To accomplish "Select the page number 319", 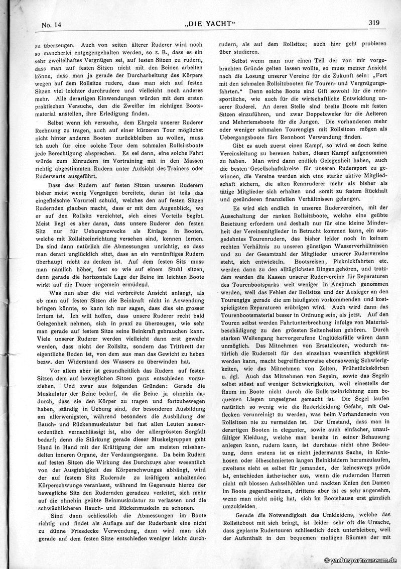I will pos(373,22).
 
